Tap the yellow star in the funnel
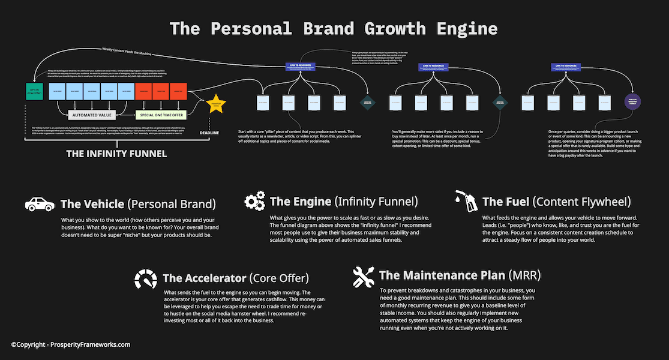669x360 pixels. [x=216, y=104]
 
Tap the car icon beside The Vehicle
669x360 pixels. [x=40, y=203]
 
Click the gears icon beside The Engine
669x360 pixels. [x=254, y=201]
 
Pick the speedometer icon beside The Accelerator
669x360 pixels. [x=146, y=278]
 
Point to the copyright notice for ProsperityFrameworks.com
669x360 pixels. [x=71, y=344]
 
